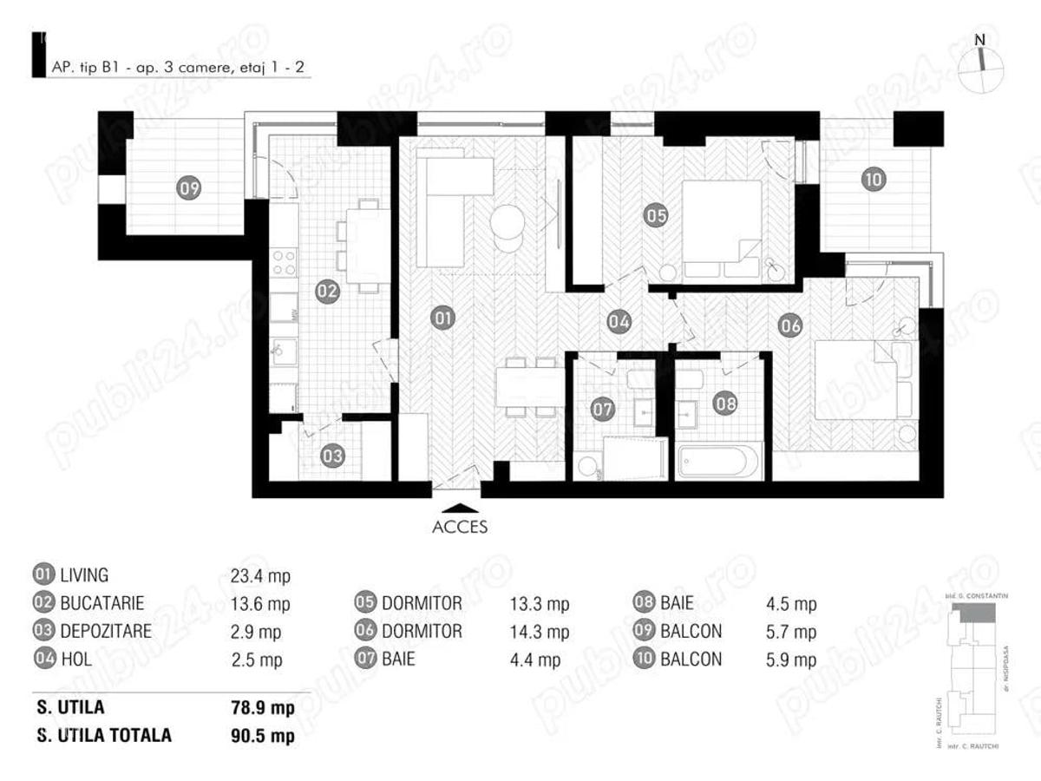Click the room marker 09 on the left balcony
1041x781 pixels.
point(189,187)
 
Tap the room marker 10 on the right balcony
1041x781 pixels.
point(873,180)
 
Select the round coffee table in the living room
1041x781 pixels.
point(507,224)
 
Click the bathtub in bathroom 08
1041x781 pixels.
point(720,462)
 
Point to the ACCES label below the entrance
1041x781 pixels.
point(459,527)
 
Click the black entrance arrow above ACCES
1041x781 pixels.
point(459,509)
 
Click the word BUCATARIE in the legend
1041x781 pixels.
point(101,603)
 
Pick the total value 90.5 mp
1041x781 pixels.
point(259,736)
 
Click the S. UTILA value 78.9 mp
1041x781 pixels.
point(259,708)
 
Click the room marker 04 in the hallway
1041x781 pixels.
point(619,321)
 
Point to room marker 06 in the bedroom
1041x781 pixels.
point(789,326)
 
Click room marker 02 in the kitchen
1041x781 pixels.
point(326,292)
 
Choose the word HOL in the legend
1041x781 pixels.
point(75,660)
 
